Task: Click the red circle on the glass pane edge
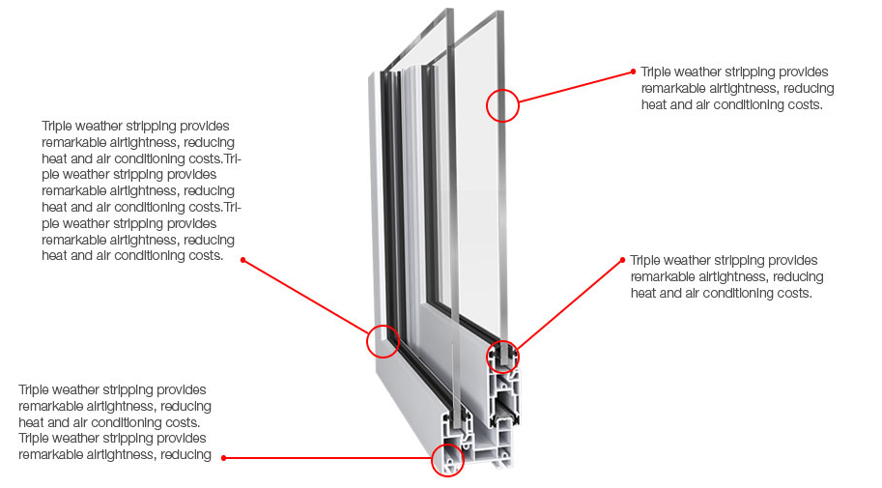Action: tap(502, 104)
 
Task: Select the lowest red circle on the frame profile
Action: tap(447, 460)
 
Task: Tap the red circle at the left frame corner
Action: tap(383, 340)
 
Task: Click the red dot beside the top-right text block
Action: tap(632, 71)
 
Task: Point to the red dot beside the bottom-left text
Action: tap(223, 457)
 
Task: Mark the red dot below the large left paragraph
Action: tap(242, 259)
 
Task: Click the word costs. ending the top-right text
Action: tap(804, 104)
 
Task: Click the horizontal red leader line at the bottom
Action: tap(328, 458)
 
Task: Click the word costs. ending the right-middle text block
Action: tap(792, 293)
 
